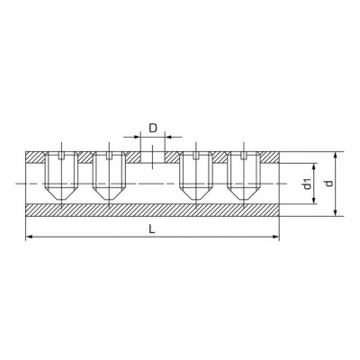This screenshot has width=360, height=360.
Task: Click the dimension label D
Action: (x=153, y=128)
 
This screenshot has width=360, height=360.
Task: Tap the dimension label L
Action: (x=152, y=229)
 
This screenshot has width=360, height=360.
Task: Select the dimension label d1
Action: (x=307, y=184)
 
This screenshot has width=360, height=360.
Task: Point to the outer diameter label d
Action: (x=329, y=184)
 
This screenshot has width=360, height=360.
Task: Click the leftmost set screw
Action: (x=61, y=175)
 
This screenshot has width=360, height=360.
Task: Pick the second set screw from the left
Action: (x=109, y=175)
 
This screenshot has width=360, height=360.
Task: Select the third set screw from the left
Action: (x=195, y=175)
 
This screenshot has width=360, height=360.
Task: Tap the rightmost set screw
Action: (x=244, y=175)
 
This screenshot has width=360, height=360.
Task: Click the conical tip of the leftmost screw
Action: (x=61, y=193)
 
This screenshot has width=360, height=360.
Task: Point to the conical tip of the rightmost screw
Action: (x=244, y=193)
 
